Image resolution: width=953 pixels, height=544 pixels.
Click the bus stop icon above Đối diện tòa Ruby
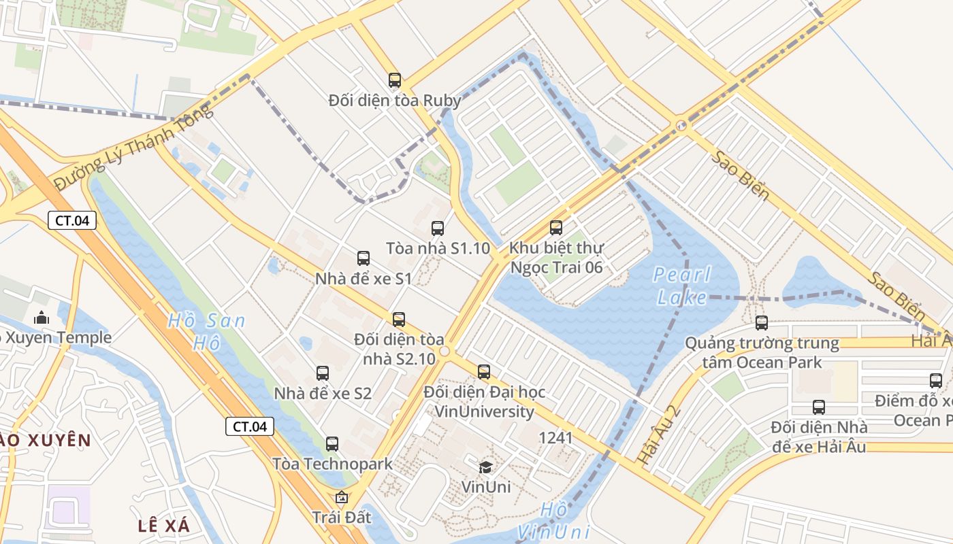(395, 80)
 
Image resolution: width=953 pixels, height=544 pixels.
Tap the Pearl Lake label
(681, 286)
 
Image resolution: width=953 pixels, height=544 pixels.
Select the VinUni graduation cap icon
(485, 466)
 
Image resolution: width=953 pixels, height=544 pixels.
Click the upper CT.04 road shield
(72, 220)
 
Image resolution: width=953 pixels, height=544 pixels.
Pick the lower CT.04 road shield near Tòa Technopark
(250, 426)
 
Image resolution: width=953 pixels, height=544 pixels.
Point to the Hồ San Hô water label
(206, 331)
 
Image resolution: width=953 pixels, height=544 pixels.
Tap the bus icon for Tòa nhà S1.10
(438, 228)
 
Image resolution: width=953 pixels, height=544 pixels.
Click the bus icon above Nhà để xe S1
(364, 258)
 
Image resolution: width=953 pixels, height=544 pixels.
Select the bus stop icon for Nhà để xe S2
(323, 373)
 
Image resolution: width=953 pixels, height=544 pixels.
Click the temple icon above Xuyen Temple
(42, 318)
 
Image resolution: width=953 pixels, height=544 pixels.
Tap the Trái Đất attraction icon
(342, 498)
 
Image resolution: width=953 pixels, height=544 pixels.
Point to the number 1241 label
(555, 438)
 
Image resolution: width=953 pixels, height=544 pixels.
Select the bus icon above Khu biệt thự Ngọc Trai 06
(556, 228)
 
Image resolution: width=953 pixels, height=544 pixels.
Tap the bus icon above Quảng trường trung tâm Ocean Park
(762, 323)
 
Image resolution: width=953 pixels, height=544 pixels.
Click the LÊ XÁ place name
(163, 526)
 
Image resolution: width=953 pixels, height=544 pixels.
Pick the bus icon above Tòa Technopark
(332, 444)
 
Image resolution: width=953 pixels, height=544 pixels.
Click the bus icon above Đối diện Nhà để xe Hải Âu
(819, 407)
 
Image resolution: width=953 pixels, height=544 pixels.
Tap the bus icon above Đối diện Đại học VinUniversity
(484, 372)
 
